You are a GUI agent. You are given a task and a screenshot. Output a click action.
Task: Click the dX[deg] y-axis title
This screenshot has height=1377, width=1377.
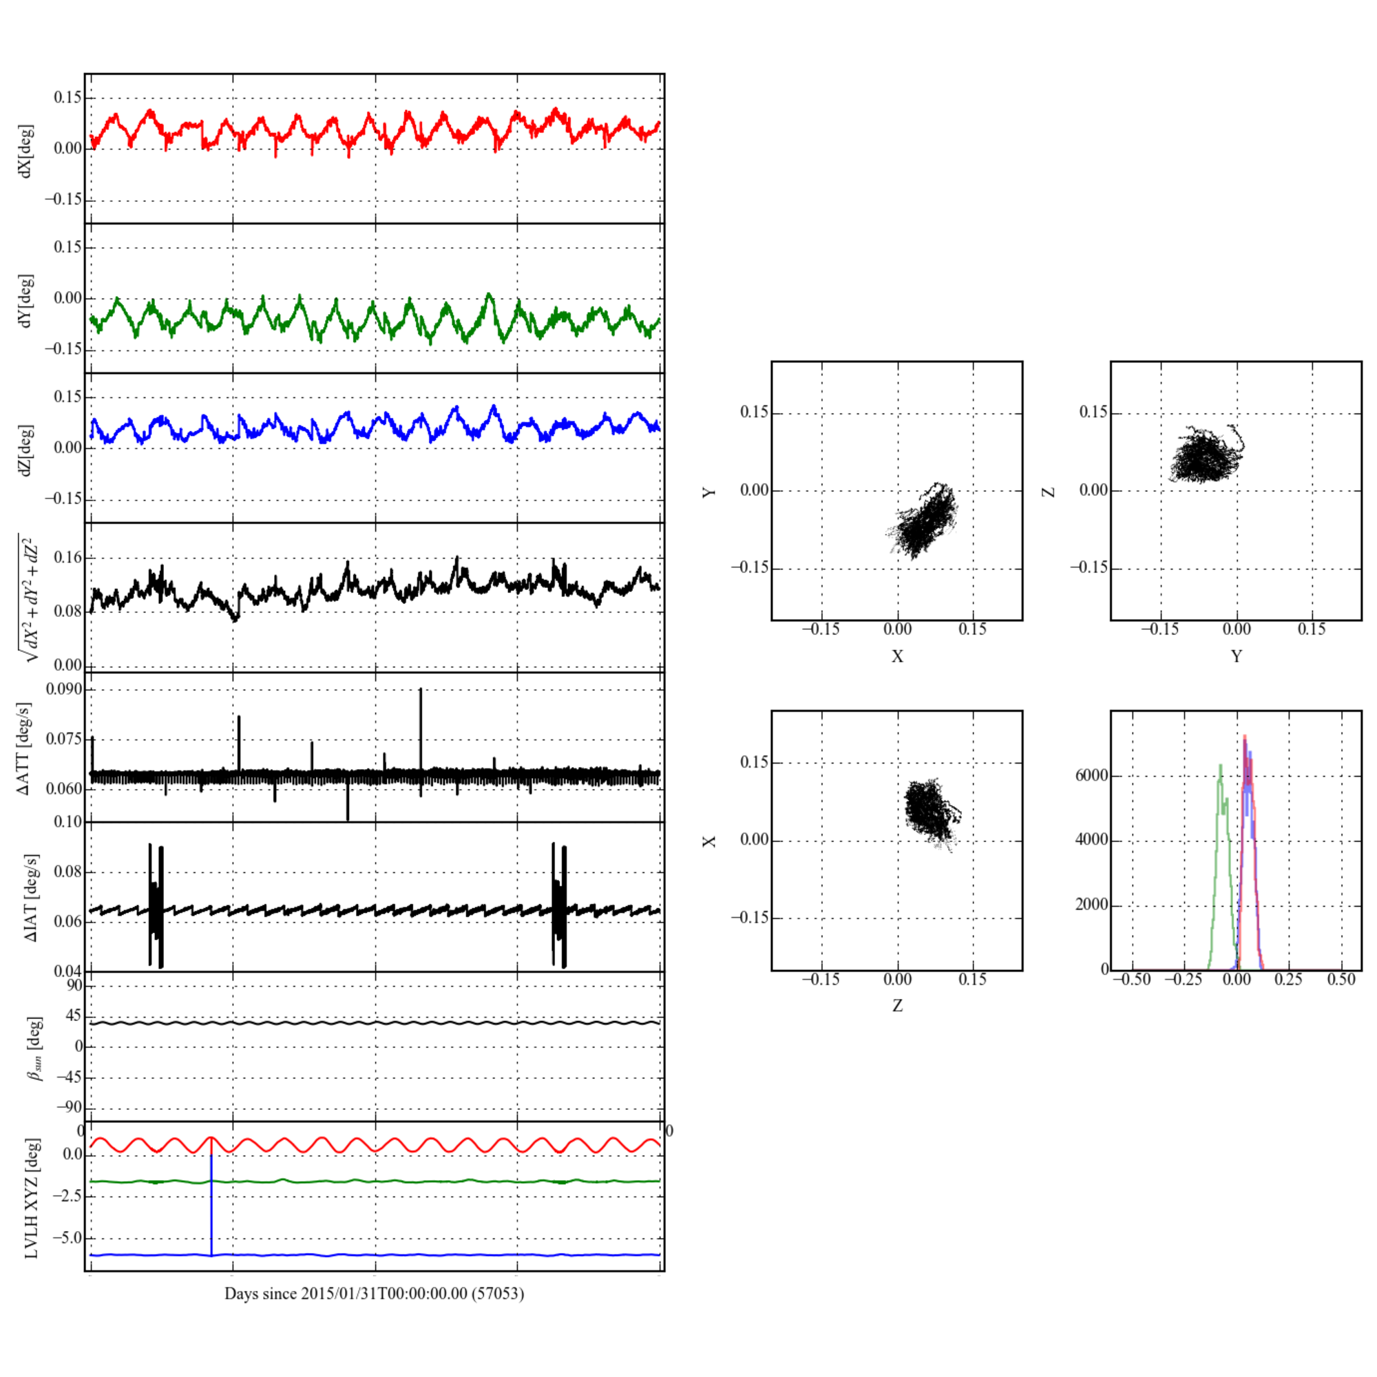(x=25, y=151)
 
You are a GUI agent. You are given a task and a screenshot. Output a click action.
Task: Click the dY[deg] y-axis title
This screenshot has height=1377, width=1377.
(x=25, y=301)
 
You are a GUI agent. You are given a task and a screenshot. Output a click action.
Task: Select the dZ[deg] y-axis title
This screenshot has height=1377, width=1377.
(x=25, y=450)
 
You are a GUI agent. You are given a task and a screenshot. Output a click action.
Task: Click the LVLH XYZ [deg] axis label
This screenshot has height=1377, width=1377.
(x=32, y=1197)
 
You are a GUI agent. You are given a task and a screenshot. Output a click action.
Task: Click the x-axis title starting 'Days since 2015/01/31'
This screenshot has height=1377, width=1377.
(x=374, y=1293)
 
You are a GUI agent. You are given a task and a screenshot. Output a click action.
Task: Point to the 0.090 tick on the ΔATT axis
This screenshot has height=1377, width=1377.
(x=64, y=689)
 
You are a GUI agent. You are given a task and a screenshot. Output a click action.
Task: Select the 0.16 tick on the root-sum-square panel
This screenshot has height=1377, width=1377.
(x=68, y=558)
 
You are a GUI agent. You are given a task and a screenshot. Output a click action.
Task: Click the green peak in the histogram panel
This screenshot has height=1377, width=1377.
(x=1221, y=767)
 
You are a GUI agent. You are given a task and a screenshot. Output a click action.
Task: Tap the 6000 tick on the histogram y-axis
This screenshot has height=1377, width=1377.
(x=1091, y=775)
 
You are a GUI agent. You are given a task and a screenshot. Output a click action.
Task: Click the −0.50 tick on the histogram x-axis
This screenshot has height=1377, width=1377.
(x=1132, y=979)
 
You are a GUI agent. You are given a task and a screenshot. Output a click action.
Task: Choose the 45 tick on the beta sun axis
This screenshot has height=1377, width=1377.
(x=74, y=1016)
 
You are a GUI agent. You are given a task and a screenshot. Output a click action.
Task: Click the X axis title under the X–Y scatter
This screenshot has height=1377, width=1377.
(x=897, y=656)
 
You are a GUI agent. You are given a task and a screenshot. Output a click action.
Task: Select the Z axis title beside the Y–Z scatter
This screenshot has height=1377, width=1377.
(x=1049, y=492)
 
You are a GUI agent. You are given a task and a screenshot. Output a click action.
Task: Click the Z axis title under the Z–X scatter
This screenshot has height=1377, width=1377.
(x=897, y=1006)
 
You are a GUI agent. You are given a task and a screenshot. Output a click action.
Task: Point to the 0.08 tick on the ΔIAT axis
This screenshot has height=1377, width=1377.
(x=68, y=872)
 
